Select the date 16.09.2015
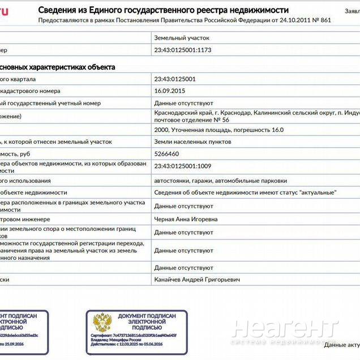[170, 91]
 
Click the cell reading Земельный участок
[182, 37]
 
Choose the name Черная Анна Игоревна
[186, 219]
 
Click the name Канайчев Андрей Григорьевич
[197, 280]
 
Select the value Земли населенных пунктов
[193, 142]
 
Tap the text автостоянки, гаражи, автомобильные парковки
[220, 181]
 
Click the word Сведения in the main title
[58, 10]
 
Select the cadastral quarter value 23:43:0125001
[175, 79]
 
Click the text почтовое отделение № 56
[192, 121]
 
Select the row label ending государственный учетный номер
[50, 103]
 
